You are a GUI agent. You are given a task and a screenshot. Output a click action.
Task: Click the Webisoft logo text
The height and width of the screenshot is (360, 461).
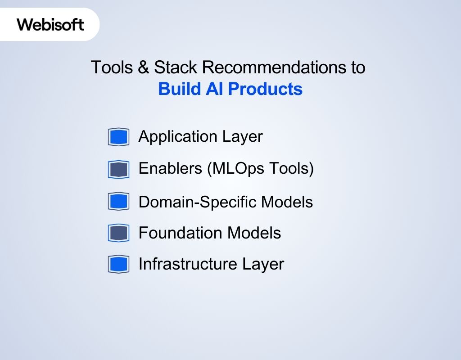click(x=50, y=24)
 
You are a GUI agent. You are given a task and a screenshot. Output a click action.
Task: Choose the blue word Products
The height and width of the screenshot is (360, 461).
click(x=265, y=89)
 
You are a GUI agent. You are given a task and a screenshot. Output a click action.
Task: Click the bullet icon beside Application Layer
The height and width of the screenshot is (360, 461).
click(x=118, y=137)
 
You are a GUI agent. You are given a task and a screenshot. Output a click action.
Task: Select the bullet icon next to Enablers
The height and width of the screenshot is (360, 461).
click(x=118, y=169)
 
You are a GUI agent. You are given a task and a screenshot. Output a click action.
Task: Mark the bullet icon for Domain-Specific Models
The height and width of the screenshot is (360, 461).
click(x=118, y=201)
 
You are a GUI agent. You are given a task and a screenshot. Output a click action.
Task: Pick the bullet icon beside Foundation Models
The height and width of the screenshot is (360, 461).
click(x=118, y=233)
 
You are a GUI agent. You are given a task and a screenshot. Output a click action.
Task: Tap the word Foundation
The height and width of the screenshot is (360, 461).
click(x=180, y=233)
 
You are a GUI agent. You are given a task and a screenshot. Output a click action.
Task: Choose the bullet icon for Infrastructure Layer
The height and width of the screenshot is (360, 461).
click(x=118, y=264)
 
